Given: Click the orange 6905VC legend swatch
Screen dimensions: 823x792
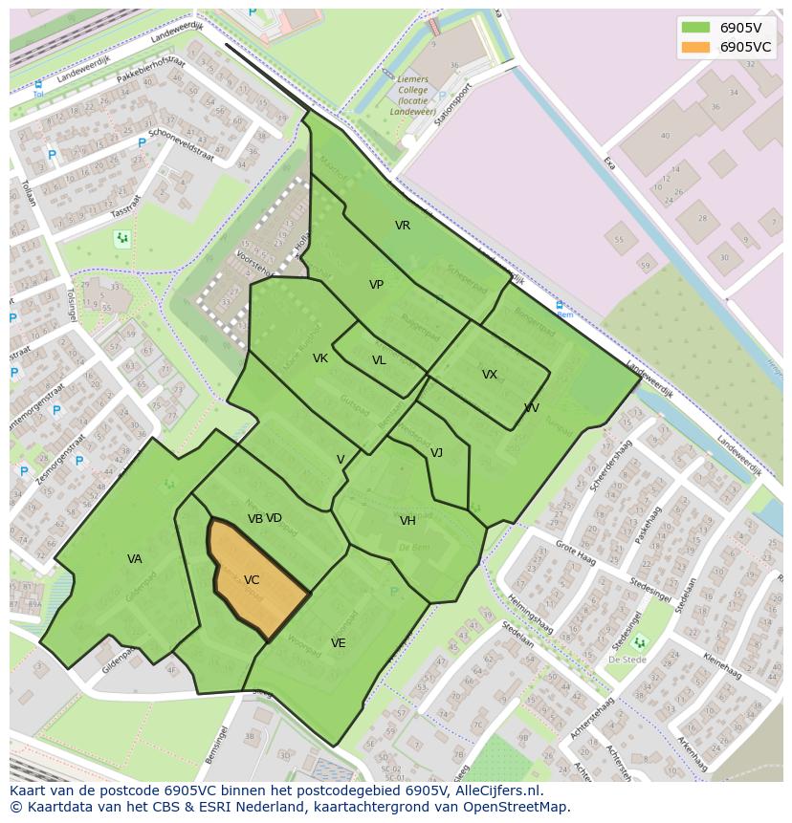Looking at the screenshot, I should (x=695, y=47).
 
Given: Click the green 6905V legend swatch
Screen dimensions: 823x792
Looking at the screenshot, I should (x=695, y=28).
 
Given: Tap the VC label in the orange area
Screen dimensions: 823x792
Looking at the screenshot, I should (x=252, y=580).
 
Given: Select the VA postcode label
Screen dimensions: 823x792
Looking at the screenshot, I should (x=135, y=559).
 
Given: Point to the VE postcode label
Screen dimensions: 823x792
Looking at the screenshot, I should (x=339, y=643).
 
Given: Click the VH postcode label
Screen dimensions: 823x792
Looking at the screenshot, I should (x=408, y=521).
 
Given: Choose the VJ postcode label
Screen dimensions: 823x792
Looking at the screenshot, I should (x=436, y=453).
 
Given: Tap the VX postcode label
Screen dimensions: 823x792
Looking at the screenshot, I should (x=490, y=375).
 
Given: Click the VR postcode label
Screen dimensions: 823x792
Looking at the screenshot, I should (x=403, y=226).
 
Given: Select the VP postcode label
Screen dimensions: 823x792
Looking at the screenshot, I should (x=377, y=285).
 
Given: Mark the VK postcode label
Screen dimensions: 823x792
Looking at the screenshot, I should (x=320, y=358).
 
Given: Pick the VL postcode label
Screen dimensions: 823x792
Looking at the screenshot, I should (x=380, y=360).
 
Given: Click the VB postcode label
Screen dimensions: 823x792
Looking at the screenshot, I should (x=254, y=519).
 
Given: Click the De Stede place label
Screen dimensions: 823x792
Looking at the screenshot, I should (x=628, y=660).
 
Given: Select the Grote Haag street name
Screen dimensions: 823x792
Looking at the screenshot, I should (x=576, y=555).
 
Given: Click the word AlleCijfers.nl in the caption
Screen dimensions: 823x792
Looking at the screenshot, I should (x=499, y=791).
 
